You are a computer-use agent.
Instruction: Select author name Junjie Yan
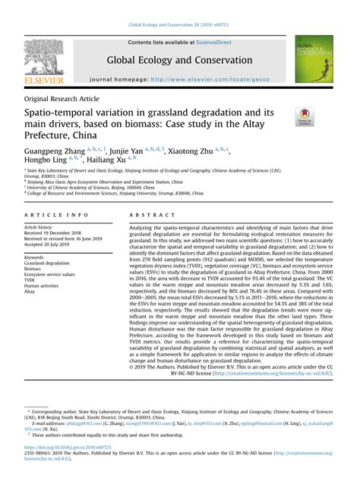click(131, 151)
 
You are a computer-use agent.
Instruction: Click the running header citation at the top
click(179, 25)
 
